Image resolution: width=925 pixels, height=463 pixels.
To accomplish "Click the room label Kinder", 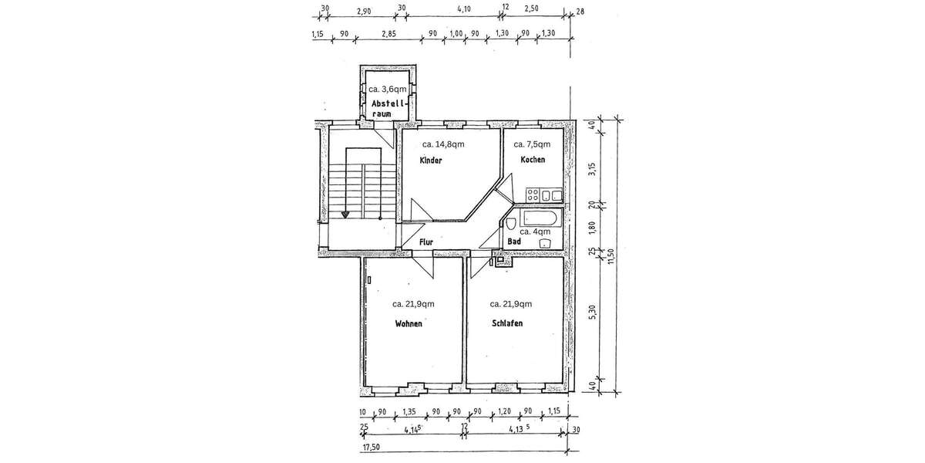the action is tap(431, 161).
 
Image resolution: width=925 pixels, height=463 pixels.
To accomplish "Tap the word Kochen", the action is tap(533, 160).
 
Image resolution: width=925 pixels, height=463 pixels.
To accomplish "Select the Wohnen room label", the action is tap(409, 323).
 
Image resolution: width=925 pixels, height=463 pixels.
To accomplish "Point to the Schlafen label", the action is tap(507, 323).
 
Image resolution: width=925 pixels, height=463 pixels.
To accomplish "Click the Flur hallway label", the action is tap(426, 242).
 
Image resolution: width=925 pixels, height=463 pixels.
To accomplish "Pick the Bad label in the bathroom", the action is tap(514, 242).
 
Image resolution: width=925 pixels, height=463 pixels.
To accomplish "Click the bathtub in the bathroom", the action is tap(541, 218).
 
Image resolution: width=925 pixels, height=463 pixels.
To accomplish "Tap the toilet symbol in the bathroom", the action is tap(510, 225).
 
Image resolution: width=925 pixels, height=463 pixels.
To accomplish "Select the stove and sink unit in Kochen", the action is tap(544, 195).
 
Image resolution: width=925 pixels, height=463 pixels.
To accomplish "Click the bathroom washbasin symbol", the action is tap(546, 244).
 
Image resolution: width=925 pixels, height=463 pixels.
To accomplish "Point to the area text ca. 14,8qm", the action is tap(443, 144).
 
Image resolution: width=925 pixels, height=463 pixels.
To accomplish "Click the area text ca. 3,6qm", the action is tap(387, 89).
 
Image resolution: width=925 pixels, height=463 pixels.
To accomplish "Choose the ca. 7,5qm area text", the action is tap(532, 144).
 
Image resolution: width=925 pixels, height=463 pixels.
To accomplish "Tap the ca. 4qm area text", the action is tap(535, 232).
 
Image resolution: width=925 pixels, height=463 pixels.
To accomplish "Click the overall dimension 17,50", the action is tap(371, 448).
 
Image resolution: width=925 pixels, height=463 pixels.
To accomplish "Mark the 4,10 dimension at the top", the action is tap(464, 8).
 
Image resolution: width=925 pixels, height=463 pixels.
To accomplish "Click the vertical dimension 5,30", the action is tap(593, 312).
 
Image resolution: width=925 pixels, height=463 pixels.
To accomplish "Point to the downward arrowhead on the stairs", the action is tap(345, 215).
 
